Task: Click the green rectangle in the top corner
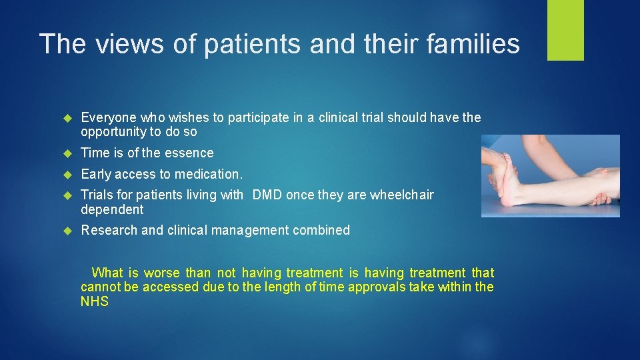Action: click(565, 29)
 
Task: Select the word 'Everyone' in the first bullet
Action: click(108, 118)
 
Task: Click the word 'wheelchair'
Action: click(402, 195)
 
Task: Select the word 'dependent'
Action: click(112, 209)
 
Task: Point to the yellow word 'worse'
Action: click(162, 273)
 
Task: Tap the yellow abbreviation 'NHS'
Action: click(95, 301)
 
